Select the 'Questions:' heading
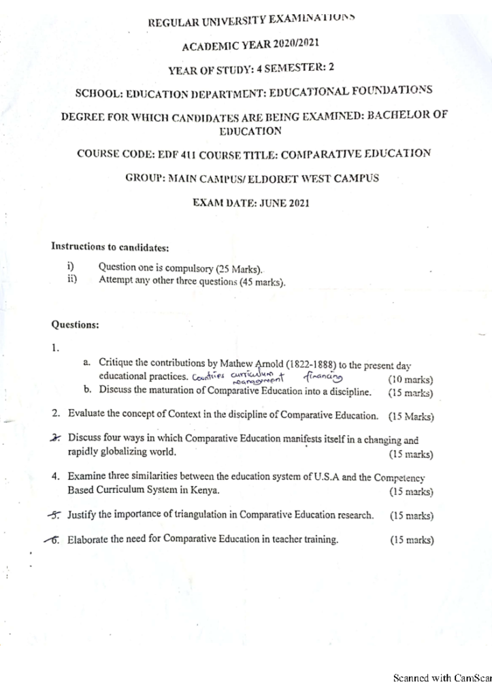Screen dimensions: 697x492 tap(76, 325)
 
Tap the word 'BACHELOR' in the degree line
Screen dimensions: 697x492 tap(399, 116)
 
